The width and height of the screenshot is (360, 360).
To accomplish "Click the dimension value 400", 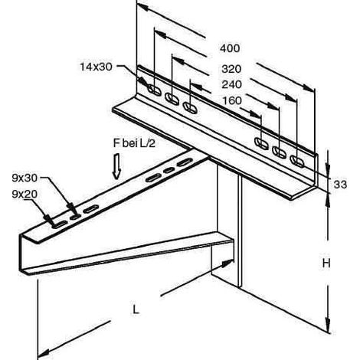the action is click(230, 48).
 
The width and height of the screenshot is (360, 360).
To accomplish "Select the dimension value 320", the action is click(231, 69).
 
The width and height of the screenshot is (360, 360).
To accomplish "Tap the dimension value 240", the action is click(231, 84).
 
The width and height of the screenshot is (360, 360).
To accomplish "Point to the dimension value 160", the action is click(232, 100).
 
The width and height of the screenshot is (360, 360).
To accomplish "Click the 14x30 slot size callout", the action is click(96, 67).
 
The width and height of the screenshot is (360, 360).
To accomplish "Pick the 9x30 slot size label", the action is click(25, 178).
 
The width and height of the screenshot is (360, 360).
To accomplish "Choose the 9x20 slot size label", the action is click(25, 195).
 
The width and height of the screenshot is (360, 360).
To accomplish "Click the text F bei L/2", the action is click(134, 143).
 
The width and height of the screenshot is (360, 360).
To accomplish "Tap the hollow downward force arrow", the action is click(116, 166).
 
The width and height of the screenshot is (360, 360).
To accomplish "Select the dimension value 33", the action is click(340, 184).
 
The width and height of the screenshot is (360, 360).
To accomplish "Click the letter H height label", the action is click(326, 263).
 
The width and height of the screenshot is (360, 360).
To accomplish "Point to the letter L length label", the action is click(136, 309).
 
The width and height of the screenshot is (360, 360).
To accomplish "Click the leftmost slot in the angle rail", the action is click(155, 90).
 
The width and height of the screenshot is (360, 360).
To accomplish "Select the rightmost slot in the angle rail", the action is click(297, 161).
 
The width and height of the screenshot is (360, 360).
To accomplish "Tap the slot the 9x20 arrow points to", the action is click(59, 224).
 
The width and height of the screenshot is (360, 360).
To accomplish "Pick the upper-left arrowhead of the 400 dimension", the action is click(143, 7).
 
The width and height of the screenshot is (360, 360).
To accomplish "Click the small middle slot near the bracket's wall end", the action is click(169, 170).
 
